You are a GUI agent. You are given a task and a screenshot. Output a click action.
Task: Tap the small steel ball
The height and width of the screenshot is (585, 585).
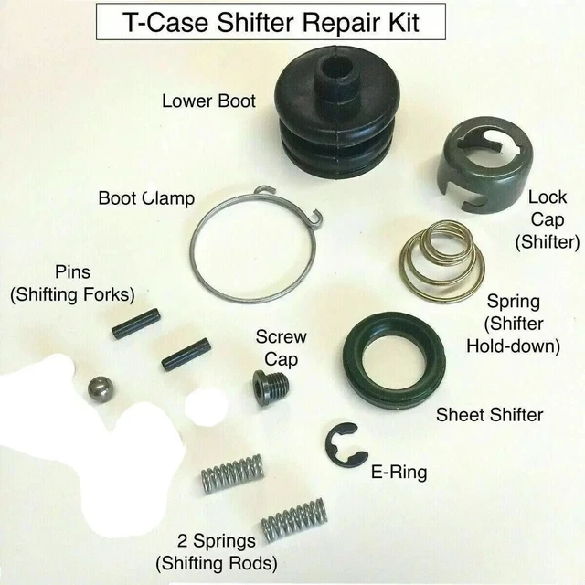100,390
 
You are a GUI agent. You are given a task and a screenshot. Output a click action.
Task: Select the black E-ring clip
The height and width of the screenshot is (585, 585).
346,445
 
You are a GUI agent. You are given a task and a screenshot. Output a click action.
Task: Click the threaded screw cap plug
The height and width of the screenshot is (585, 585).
271,387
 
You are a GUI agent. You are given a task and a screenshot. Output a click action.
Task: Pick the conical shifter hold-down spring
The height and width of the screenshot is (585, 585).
442,261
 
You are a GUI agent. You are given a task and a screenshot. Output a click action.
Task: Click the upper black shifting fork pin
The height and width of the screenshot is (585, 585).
136,324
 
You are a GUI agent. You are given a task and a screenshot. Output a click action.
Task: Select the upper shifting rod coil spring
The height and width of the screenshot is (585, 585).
232,473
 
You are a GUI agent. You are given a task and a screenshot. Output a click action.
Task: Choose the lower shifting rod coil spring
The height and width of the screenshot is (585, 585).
293,520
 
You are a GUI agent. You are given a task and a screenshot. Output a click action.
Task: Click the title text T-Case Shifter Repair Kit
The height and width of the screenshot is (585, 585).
271,22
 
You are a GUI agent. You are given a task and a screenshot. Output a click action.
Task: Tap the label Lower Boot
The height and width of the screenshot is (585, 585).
209,101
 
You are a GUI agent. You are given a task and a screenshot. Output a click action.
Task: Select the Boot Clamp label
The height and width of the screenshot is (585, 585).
146,198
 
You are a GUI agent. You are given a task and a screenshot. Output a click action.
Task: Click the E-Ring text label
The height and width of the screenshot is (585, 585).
399,472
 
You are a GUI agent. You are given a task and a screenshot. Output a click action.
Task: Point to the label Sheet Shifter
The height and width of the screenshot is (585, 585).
490,414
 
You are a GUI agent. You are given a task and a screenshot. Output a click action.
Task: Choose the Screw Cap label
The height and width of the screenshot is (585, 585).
281,348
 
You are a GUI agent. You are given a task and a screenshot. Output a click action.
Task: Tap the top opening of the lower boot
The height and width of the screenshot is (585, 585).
338,68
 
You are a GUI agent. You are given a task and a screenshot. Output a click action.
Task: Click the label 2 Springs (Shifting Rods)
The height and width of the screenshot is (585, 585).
217,552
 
